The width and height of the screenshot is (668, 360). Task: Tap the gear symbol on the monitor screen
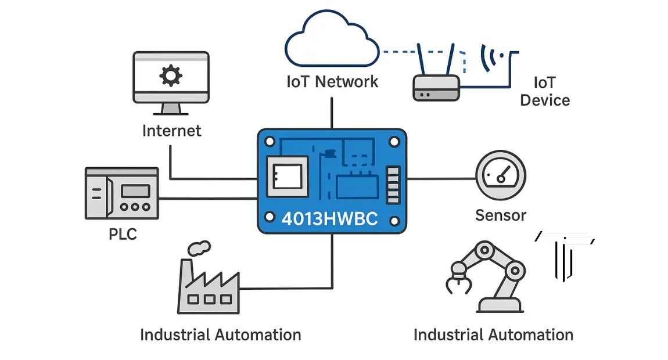171,75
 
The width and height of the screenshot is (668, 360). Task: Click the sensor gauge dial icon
501,176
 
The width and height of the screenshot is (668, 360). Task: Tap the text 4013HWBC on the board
329,219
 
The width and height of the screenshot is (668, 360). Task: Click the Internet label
172,131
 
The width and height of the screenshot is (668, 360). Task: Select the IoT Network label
332,81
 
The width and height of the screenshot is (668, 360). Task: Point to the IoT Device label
545,91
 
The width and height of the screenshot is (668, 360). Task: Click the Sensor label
500,215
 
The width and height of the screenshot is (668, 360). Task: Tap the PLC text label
123,235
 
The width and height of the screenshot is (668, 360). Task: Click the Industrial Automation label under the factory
221,335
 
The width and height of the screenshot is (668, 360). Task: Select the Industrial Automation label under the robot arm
493,335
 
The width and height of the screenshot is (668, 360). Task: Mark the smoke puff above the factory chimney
198,248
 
